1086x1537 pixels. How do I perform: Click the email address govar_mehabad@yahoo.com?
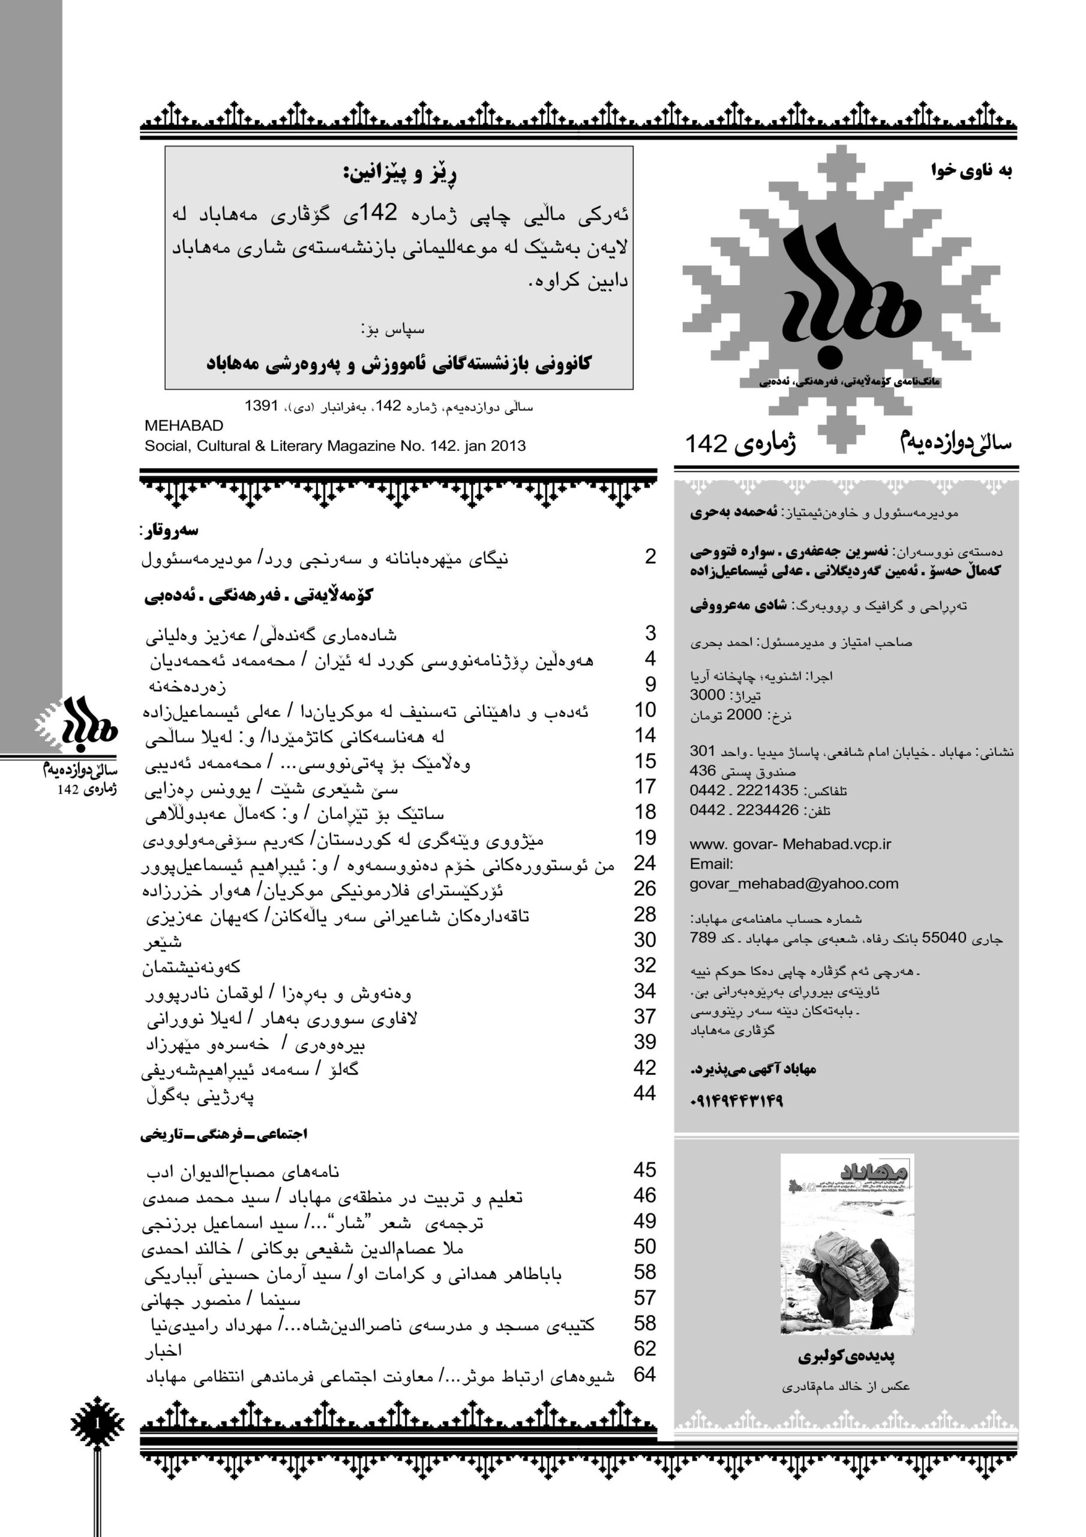point(794,884)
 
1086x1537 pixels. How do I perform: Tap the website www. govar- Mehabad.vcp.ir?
point(790,844)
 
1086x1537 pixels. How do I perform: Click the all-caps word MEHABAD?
point(184,426)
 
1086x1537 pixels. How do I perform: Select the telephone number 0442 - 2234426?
point(744,810)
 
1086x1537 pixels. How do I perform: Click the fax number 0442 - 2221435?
point(744,791)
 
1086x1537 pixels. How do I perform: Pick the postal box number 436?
point(703,770)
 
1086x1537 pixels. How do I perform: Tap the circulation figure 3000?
point(707,695)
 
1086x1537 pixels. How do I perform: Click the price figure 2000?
point(744,715)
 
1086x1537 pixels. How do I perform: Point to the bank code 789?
point(703,938)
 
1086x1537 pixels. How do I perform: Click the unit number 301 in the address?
point(703,751)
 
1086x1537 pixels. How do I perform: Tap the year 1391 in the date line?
point(261,406)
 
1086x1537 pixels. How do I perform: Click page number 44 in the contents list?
point(645,1093)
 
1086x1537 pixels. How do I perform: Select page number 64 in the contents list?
point(645,1374)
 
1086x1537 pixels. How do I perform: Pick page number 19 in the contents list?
point(645,838)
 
